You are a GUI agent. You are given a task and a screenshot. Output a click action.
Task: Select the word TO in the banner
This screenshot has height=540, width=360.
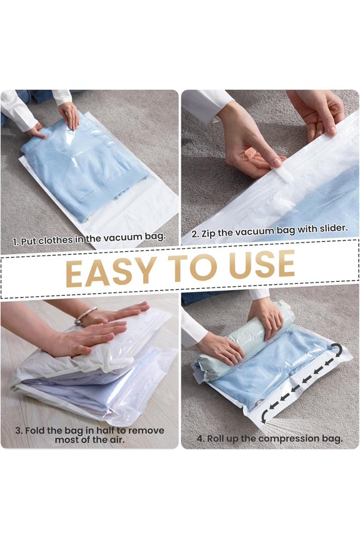click(187, 267)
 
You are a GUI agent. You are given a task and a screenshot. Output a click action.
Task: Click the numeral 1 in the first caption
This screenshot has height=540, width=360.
click(16, 241)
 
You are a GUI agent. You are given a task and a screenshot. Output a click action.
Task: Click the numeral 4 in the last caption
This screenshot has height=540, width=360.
click(200, 439)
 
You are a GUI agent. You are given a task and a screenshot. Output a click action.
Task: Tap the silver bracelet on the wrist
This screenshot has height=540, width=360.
click(86, 316)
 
